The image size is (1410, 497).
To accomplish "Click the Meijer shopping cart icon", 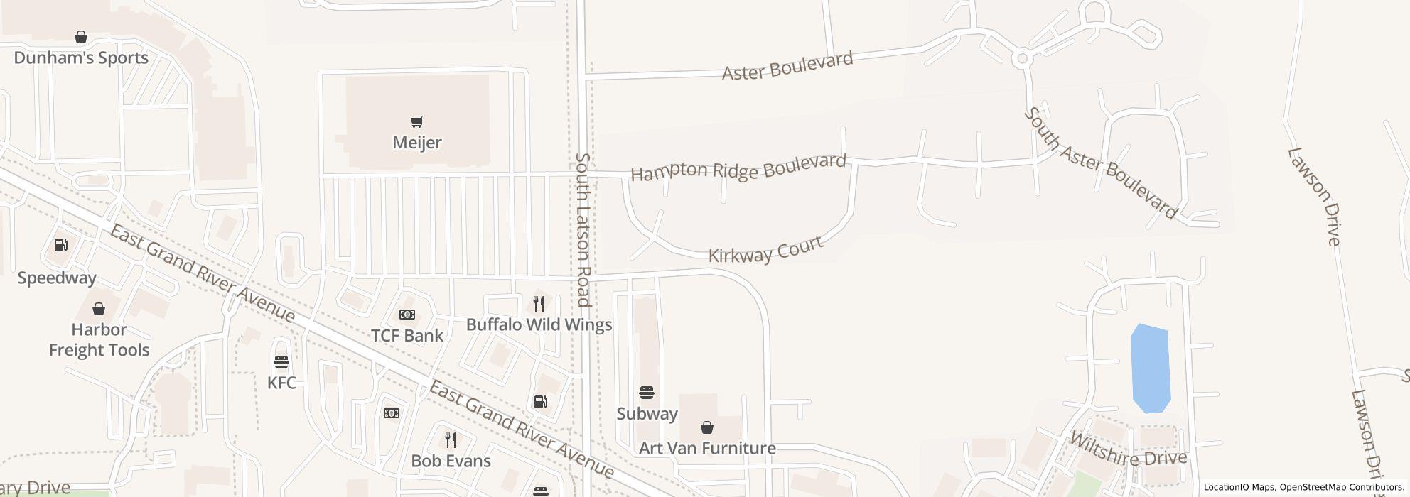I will coord(417,122).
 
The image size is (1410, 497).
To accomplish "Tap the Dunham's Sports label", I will coord(81,58).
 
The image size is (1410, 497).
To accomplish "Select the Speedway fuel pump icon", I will coord(61,245).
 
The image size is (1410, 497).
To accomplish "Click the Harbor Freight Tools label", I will coord(99,339).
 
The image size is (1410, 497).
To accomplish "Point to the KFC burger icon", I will coord(281,362).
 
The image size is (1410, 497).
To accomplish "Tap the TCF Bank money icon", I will coord(407,315).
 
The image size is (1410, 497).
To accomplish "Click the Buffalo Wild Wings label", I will coord(539,325).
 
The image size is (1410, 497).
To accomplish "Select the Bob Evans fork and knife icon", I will coord(450,440).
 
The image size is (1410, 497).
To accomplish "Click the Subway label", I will coord(647,413).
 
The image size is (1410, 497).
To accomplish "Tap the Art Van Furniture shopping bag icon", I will coord(706,427).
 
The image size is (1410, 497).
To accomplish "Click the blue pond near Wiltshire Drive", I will coord(1149,368).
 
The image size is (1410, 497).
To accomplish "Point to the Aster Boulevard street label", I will coord(787,66).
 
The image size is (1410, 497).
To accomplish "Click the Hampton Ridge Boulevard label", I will coord(738,168).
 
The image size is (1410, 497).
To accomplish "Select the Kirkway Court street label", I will coord(765,249).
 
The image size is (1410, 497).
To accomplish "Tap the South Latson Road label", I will coord(583,229).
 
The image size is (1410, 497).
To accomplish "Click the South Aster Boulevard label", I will coord(1101,163).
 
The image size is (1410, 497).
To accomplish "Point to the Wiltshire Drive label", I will coord(1128,449).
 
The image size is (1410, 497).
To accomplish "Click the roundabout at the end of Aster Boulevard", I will coord(1022,59).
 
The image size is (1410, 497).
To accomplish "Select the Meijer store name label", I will coord(417,143).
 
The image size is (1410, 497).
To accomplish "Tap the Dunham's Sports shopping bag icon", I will coord(81,37).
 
